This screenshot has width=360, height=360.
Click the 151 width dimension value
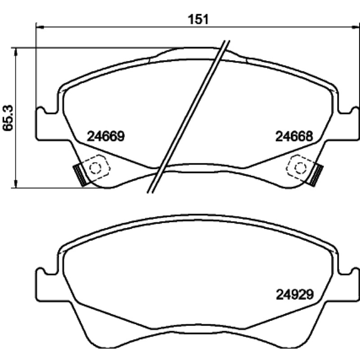pyautogui.click(x=198, y=19)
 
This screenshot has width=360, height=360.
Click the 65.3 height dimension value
pyautogui.click(x=9, y=118)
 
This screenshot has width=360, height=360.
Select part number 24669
pyautogui.click(x=106, y=136)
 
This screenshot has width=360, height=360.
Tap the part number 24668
pyautogui.click(x=294, y=136)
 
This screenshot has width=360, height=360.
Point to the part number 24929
pyautogui.click(x=295, y=294)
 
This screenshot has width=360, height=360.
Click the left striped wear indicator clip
pyautogui.click(x=80, y=175)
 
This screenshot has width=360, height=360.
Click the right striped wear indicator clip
pyautogui.click(x=317, y=175)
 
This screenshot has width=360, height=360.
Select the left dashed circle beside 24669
pyautogui.click(x=95, y=168)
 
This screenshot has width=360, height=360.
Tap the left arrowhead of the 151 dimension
pyautogui.click(x=40, y=27)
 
